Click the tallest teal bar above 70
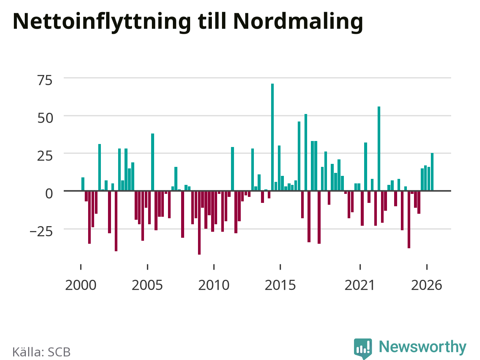point(272,137)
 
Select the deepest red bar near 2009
point(199,223)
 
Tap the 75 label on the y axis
point(45,80)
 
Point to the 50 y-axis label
point(45,118)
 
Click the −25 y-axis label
point(41,232)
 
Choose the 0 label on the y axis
point(49,193)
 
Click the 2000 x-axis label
point(81,285)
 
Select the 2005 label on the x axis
point(147,285)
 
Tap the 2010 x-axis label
point(214,285)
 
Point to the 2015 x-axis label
point(280,285)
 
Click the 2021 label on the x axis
point(360,285)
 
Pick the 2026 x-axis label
point(426,285)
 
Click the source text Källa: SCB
point(41,352)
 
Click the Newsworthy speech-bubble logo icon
point(363,348)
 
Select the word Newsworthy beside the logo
point(423,346)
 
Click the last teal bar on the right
point(432,172)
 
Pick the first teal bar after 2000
point(82,184)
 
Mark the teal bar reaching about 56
point(379,148)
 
